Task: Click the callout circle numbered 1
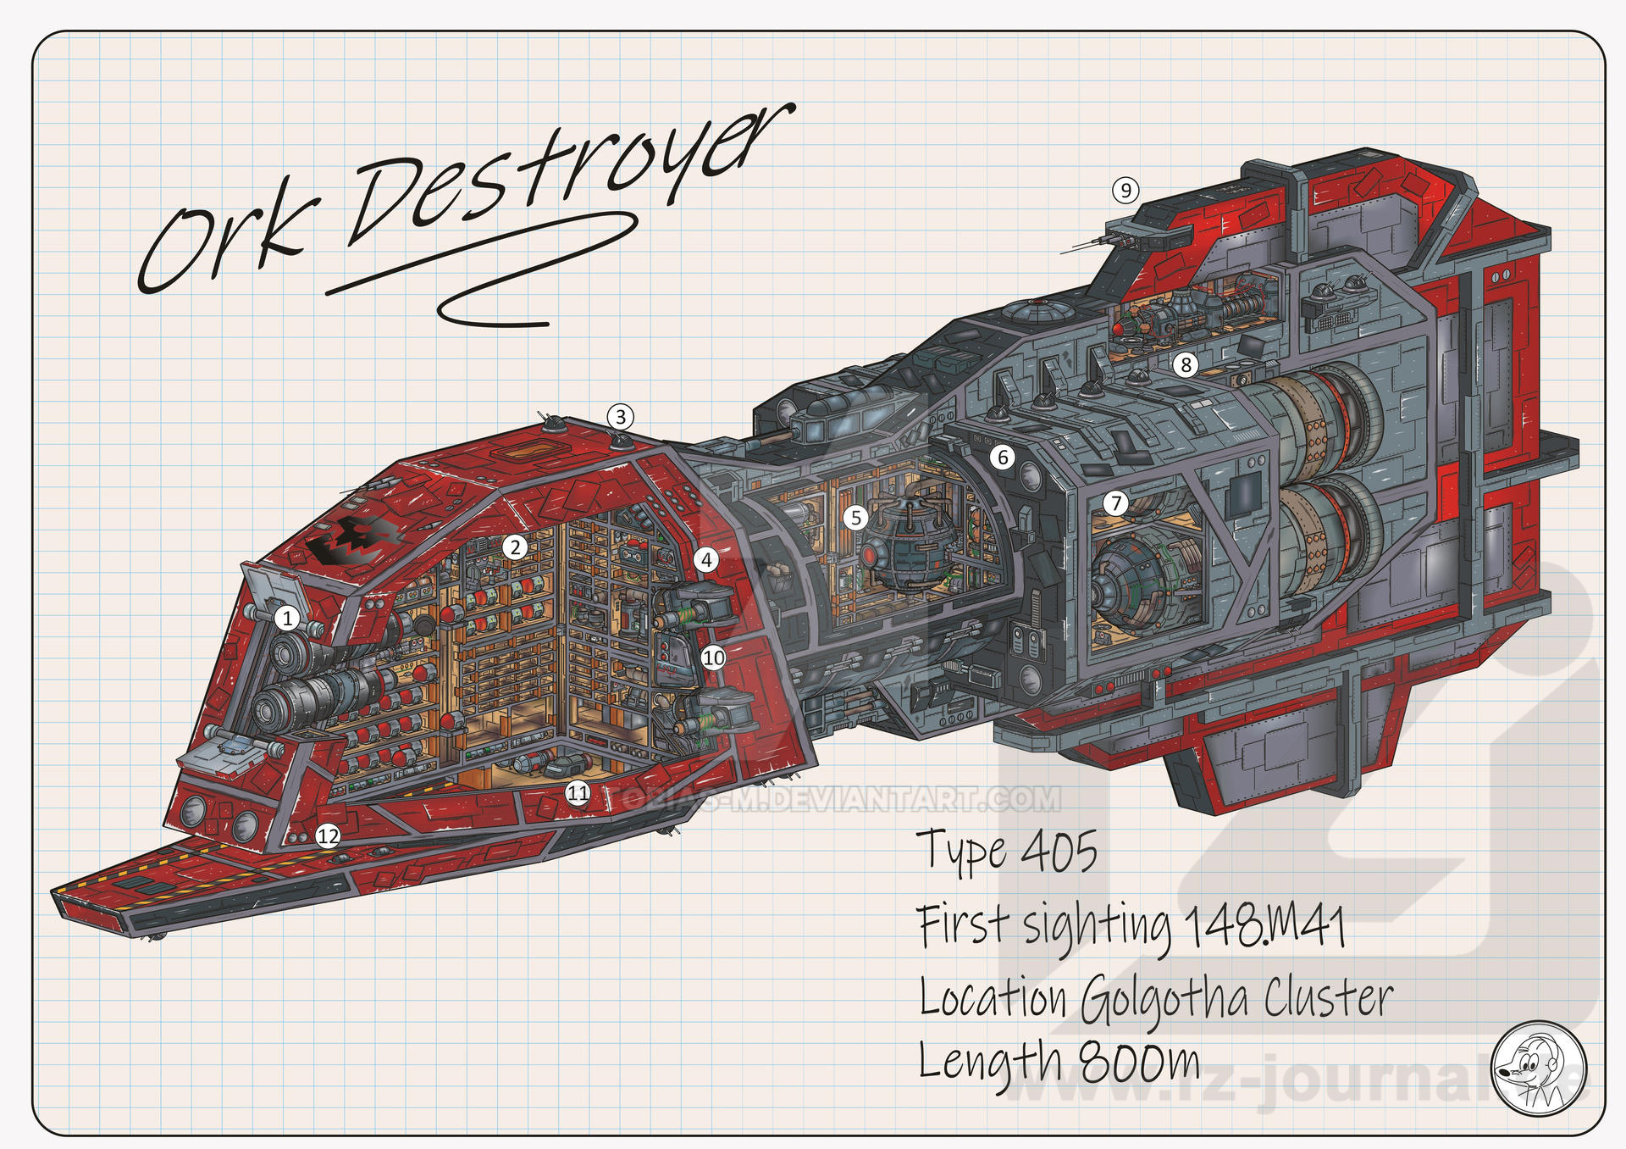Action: (287, 618)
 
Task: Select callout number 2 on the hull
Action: (515, 547)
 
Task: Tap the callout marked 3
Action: (621, 417)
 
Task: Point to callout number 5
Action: (856, 518)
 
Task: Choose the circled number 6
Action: (1003, 458)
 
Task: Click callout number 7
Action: (1116, 503)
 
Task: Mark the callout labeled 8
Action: (1186, 365)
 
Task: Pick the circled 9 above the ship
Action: (1125, 191)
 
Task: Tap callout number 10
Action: (714, 658)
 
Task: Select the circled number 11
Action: (578, 793)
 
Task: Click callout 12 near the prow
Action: (328, 837)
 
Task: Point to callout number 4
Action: (706, 559)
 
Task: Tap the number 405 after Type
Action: (1059, 852)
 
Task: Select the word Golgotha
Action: (1165, 1000)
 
